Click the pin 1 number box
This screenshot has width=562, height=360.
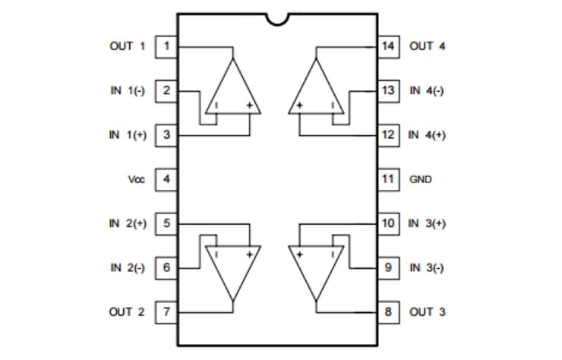click(x=166, y=46)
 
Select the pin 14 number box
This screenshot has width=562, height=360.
click(x=389, y=46)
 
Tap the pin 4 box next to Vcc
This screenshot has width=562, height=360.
click(x=166, y=180)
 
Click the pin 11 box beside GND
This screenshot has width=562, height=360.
click(x=389, y=180)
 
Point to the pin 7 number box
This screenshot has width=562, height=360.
click(x=166, y=311)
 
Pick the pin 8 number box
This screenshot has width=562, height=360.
click(x=389, y=311)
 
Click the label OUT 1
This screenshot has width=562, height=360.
click(x=127, y=46)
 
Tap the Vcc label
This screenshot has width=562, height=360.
click(x=137, y=180)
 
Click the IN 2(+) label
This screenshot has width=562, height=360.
click(x=128, y=223)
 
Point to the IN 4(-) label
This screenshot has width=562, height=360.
click(x=426, y=90)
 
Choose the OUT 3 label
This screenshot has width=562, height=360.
click(x=427, y=311)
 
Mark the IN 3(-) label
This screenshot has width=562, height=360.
click(x=426, y=267)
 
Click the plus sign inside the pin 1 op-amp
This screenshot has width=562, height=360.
click(x=249, y=106)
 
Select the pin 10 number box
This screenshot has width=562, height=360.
click(x=389, y=223)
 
